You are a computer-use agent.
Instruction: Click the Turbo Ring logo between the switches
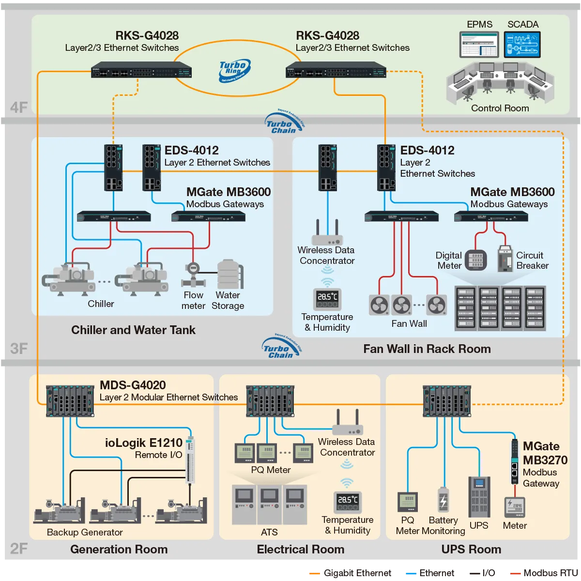(x=234, y=71)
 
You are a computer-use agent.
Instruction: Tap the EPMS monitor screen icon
(x=479, y=45)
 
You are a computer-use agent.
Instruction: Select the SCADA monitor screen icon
(x=522, y=45)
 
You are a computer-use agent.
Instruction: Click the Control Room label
(x=500, y=108)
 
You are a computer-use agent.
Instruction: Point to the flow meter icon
(x=193, y=275)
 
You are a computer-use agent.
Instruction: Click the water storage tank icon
(x=229, y=275)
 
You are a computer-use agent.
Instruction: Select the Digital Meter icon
(x=475, y=260)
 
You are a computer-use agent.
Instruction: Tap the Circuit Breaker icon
(x=505, y=259)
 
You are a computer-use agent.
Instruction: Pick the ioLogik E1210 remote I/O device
(x=190, y=460)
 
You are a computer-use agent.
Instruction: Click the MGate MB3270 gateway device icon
(x=515, y=461)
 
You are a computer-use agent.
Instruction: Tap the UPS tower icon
(x=479, y=497)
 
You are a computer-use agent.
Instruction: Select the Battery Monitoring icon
(x=443, y=501)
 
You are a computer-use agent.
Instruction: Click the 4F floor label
(x=19, y=107)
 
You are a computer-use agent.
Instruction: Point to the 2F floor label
(x=19, y=549)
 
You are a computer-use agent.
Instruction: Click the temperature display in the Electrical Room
(x=348, y=502)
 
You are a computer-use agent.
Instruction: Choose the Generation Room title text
(x=119, y=549)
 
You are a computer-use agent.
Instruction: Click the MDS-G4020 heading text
(x=133, y=385)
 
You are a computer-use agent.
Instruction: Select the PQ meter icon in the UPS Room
(x=408, y=502)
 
